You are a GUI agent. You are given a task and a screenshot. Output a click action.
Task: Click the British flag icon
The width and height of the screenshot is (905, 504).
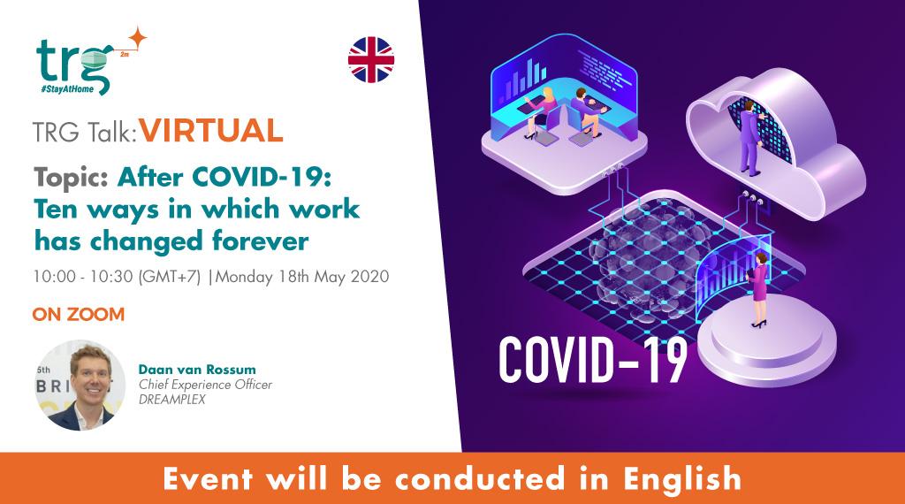(371, 60)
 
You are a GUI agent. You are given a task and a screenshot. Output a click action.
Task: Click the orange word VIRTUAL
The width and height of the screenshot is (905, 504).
(211, 131)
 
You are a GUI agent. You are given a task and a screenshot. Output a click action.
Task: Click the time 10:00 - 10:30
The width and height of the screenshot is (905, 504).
(83, 276)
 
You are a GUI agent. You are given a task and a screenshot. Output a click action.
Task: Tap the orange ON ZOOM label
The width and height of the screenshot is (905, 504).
(78, 314)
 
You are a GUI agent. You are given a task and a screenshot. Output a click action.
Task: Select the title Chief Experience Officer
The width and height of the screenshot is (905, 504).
(206, 383)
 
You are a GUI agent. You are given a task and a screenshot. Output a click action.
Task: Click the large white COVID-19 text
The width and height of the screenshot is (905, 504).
(591, 358)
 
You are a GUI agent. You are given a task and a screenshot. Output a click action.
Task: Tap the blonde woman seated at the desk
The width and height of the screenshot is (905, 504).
(546, 108)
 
